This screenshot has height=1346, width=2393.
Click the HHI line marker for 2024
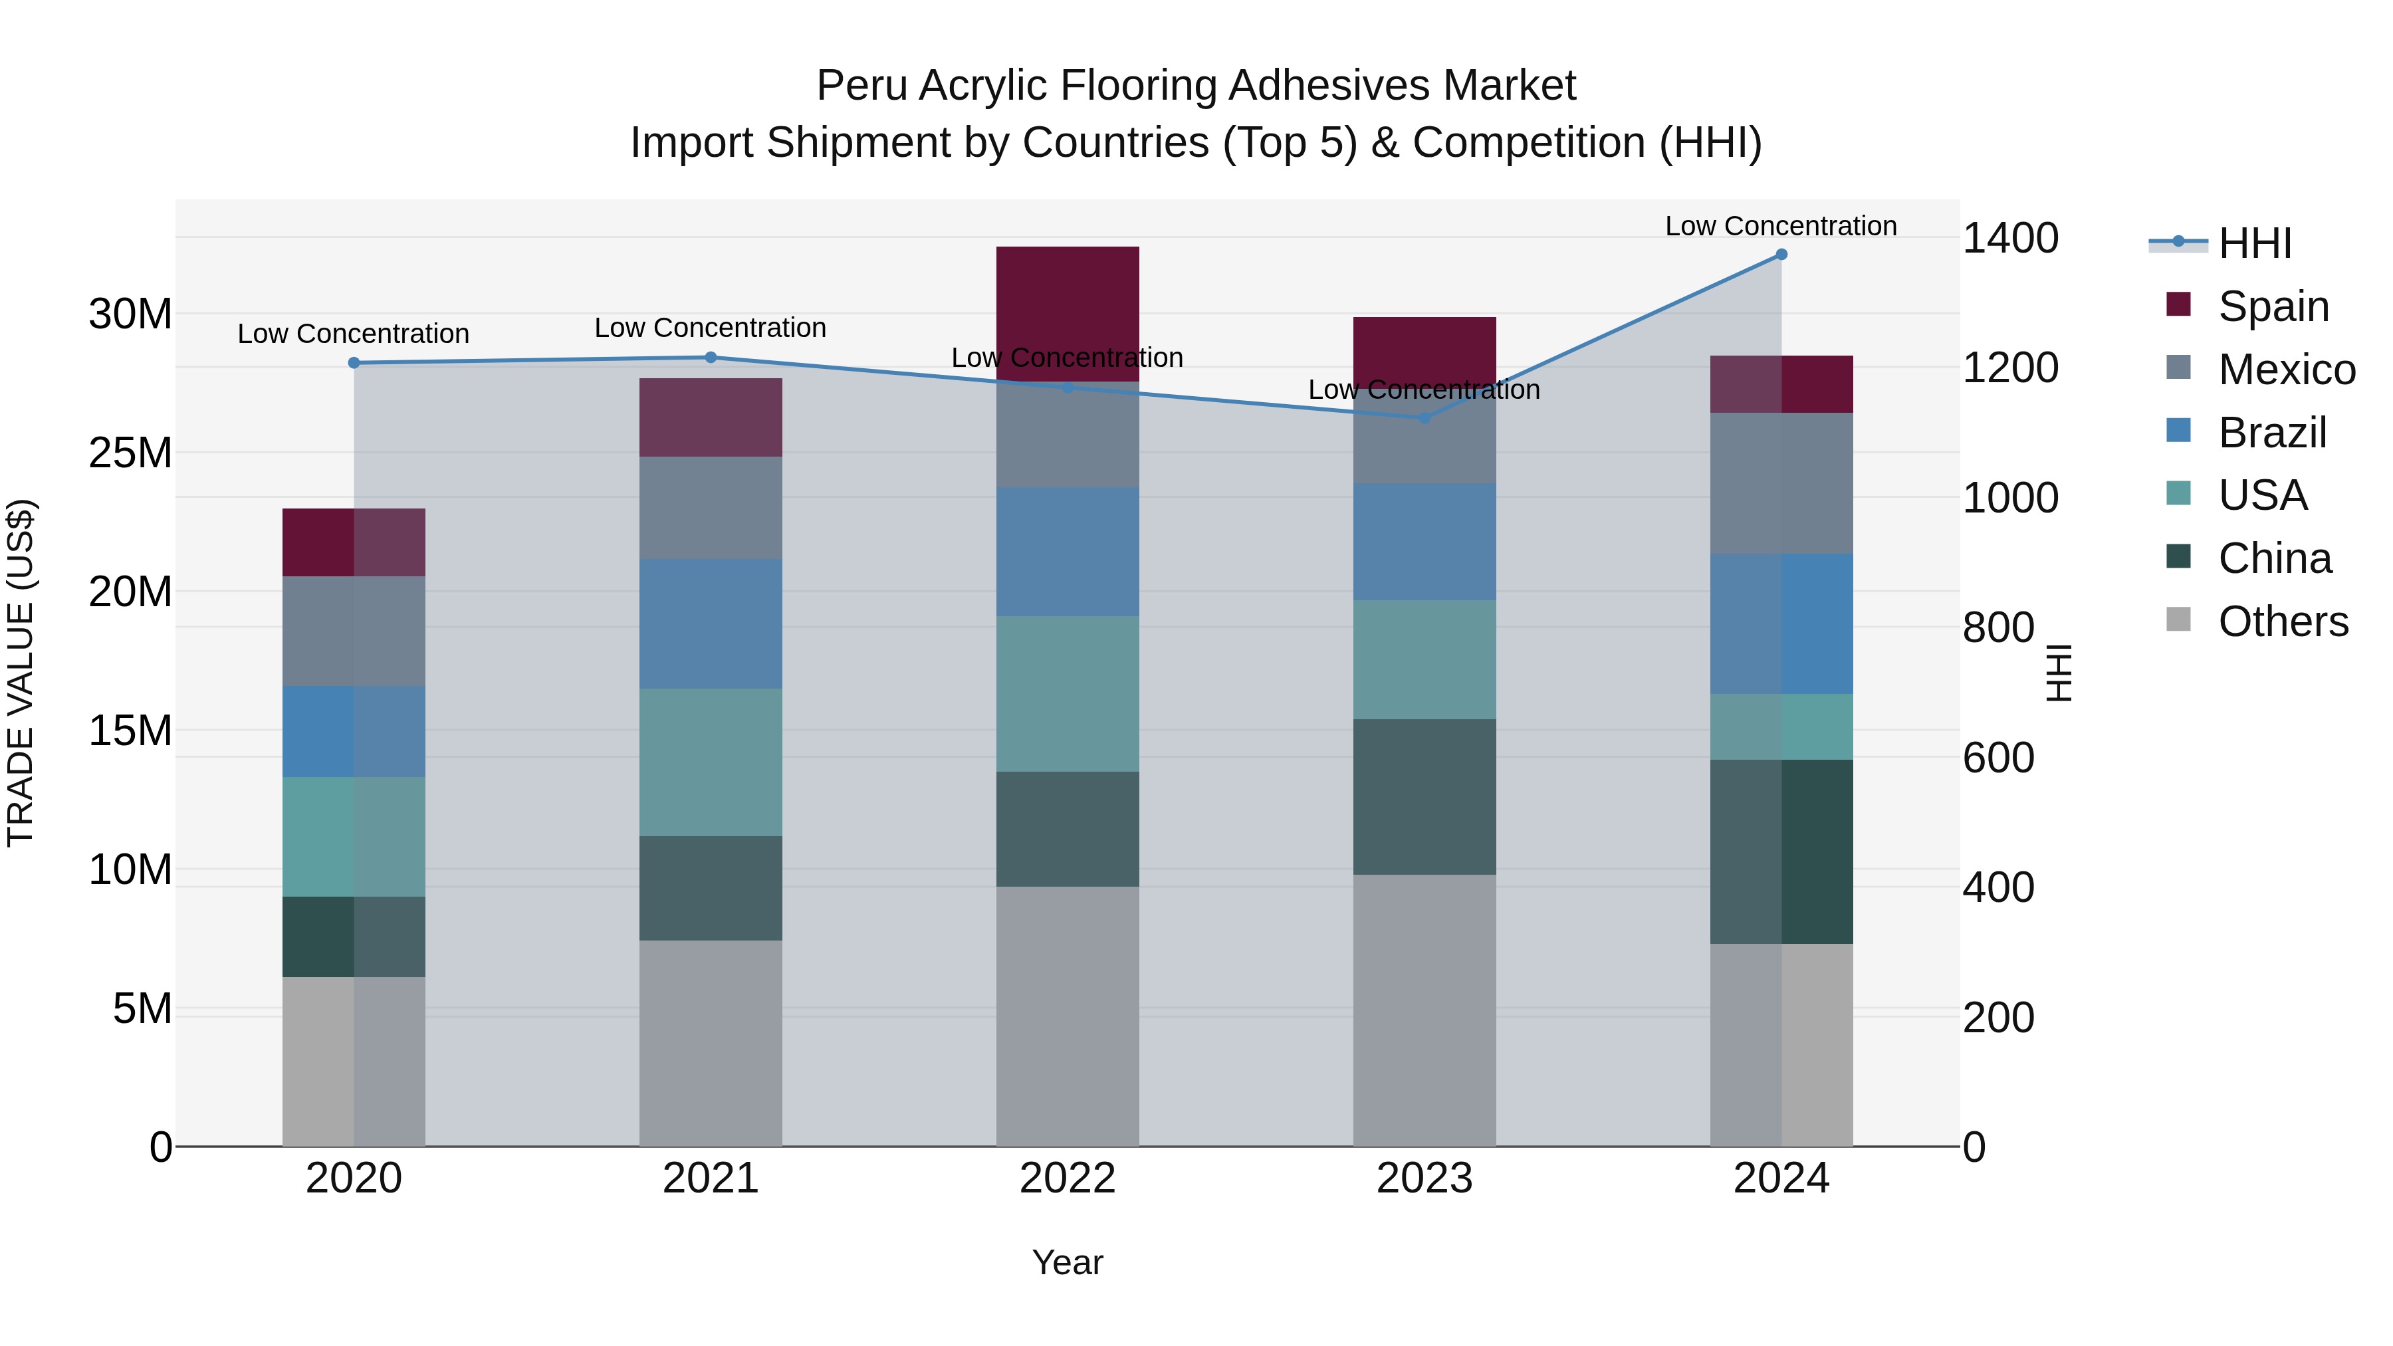click(1781, 255)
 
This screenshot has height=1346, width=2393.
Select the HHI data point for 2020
click(354, 363)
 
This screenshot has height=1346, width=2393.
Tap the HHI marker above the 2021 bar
click(711, 358)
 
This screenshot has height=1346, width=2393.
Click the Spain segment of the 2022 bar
click(1068, 313)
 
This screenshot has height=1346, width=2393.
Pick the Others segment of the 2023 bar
click(1424, 1010)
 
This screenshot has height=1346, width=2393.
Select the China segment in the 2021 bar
click(711, 888)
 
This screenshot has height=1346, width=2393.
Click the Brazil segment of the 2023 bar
click(1424, 542)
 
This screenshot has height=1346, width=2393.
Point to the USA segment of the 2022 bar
click(1068, 694)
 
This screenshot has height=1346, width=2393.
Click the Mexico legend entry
click(2286, 370)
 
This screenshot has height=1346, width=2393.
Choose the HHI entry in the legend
click(2255, 243)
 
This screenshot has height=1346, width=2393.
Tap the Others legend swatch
click(2178, 619)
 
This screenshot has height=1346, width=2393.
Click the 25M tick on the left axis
click(130, 453)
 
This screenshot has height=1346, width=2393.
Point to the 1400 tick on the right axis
click(2010, 239)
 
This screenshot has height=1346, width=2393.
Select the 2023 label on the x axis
click(1424, 1178)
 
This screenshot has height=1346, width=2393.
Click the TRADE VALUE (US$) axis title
click(21, 673)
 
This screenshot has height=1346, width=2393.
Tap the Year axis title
click(1068, 1262)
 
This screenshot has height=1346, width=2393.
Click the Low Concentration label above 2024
click(1780, 226)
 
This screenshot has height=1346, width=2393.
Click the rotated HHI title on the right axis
click(2059, 673)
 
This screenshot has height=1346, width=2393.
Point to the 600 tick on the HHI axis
click(1997, 758)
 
